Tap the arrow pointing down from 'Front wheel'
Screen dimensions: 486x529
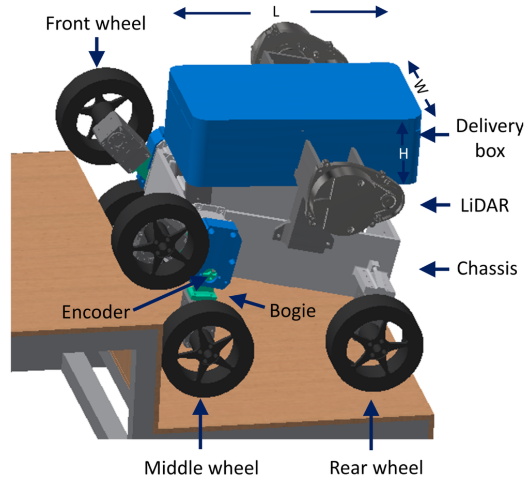pyautogui.click(x=97, y=52)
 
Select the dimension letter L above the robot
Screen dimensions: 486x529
pyautogui.click(x=276, y=12)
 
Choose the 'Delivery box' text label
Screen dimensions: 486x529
pyautogui.click(x=489, y=139)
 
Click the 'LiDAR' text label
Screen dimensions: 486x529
pyautogui.click(x=484, y=205)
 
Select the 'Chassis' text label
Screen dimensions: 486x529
pyautogui.click(x=487, y=269)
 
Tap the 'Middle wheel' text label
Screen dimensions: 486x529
pyautogui.click(x=201, y=468)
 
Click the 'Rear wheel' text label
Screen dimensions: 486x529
pyautogui.click(x=377, y=468)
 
